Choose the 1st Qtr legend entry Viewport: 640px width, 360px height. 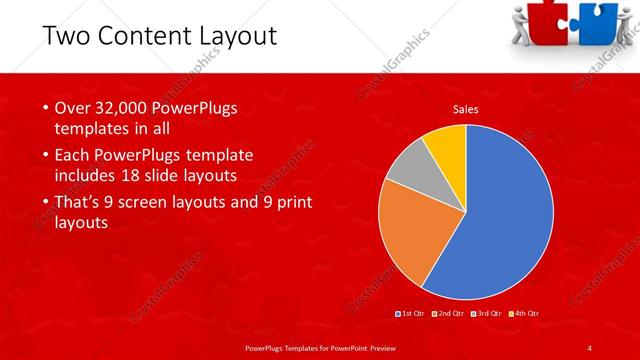point(411,314)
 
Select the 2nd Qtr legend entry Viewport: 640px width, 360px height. point(450,314)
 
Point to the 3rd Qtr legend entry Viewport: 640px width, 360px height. point(489,314)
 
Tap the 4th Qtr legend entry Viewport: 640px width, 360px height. point(527,314)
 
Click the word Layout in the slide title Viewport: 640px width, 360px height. point(241,37)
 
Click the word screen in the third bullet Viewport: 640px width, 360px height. point(158,202)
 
